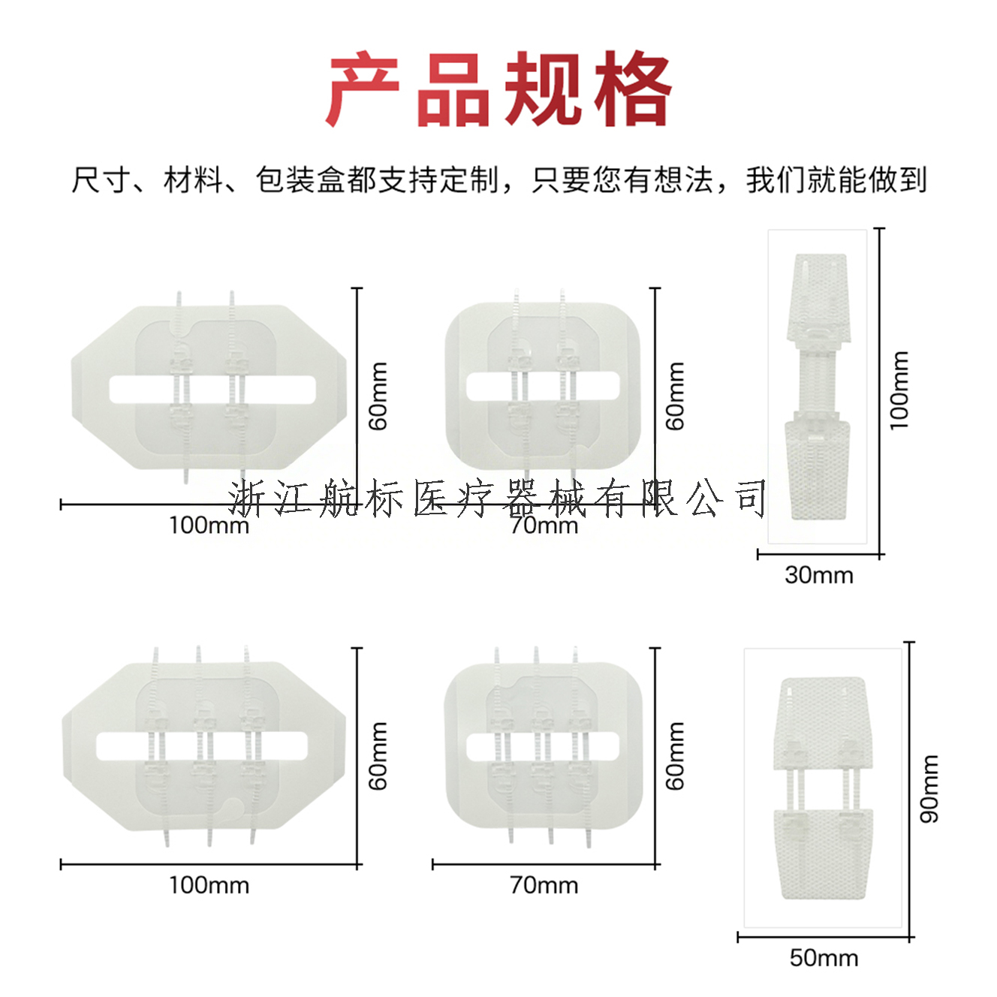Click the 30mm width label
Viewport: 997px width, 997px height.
[x=818, y=575]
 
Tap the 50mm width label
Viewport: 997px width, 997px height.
[x=824, y=958]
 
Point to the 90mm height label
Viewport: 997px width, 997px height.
[x=929, y=788]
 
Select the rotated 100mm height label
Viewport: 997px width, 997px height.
[x=899, y=390]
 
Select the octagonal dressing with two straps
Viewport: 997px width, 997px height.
[x=210, y=387]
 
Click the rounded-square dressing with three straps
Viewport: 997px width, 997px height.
[x=543, y=745]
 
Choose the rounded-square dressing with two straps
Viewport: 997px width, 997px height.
[x=543, y=387]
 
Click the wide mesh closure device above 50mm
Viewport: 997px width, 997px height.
[x=824, y=788]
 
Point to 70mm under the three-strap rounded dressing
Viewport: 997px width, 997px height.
[x=544, y=885]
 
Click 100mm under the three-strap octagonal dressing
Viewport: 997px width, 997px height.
[x=209, y=885]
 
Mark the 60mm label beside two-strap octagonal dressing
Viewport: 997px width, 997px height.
[x=378, y=396]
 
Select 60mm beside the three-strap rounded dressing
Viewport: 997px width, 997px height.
[x=676, y=755]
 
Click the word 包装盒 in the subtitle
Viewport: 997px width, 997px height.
[x=300, y=180]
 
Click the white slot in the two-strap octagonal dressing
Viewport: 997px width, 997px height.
[x=212, y=389]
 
